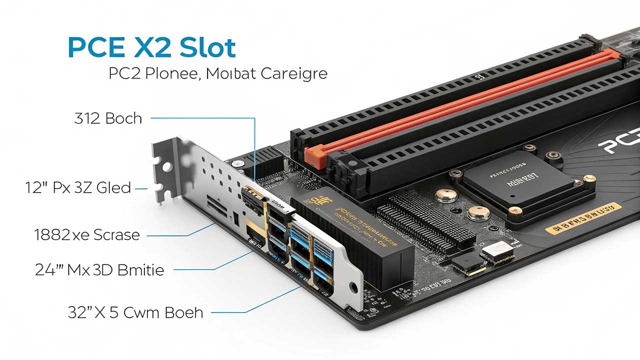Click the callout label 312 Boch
[x=108, y=118]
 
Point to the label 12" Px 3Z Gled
[x=78, y=188]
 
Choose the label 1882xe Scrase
[x=87, y=234]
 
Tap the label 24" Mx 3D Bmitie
[x=99, y=270]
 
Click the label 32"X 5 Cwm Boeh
[x=135, y=312]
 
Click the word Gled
[x=113, y=188]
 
